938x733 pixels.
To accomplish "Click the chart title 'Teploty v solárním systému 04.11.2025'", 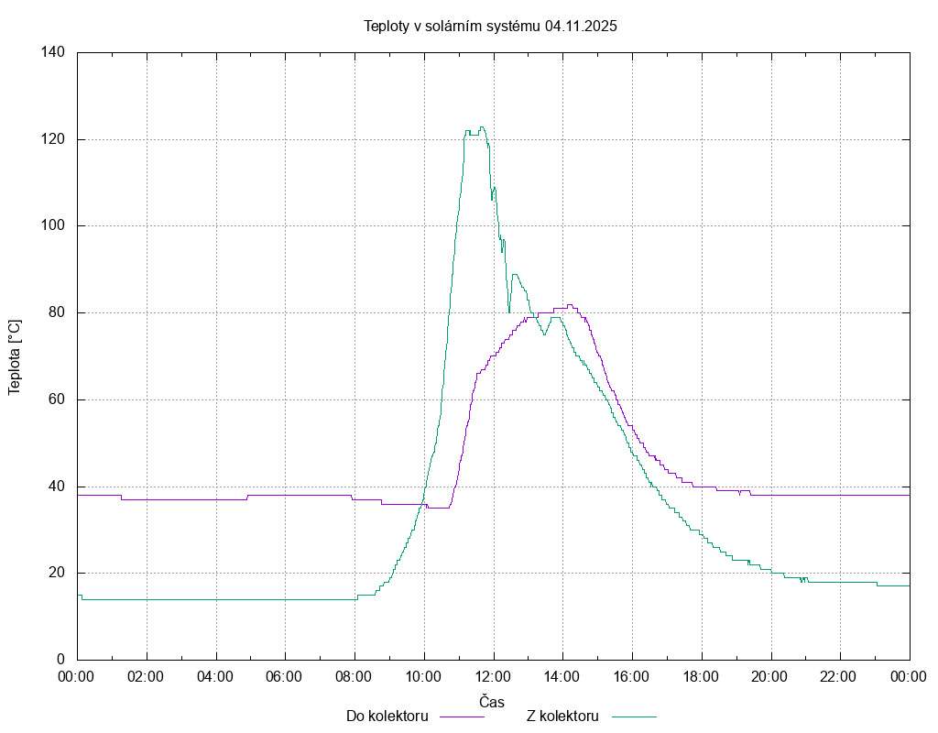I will tap(490, 26).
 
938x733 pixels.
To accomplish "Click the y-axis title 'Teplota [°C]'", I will tap(15, 357).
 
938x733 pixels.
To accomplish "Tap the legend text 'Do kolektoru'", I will tap(387, 716).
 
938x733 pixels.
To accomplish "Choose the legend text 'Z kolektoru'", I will tap(562, 716).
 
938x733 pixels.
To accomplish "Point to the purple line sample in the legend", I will tap(463, 717).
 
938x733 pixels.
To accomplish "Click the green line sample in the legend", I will tap(635, 717).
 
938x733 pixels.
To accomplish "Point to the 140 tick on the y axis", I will tap(52, 52).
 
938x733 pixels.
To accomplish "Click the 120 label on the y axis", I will tap(52, 139).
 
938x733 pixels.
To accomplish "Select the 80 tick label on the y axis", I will tap(56, 312).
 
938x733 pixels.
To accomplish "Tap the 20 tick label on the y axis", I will tap(56, 573).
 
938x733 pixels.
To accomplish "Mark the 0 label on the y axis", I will tap(60, 660).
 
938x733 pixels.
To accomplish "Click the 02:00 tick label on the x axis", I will tap(146, 677).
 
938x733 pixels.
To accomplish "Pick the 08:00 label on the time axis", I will tap(354, 677).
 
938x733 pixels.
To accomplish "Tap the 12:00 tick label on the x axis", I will tap(493, 677).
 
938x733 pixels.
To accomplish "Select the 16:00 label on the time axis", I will tap(632, 677).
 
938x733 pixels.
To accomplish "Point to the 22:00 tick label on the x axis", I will tap(840, 677).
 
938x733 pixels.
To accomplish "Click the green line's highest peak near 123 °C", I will tap(482, 127).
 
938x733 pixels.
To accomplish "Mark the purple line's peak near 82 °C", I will tap(570, 304).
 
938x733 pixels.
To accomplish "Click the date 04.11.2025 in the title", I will tap(581, 26).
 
